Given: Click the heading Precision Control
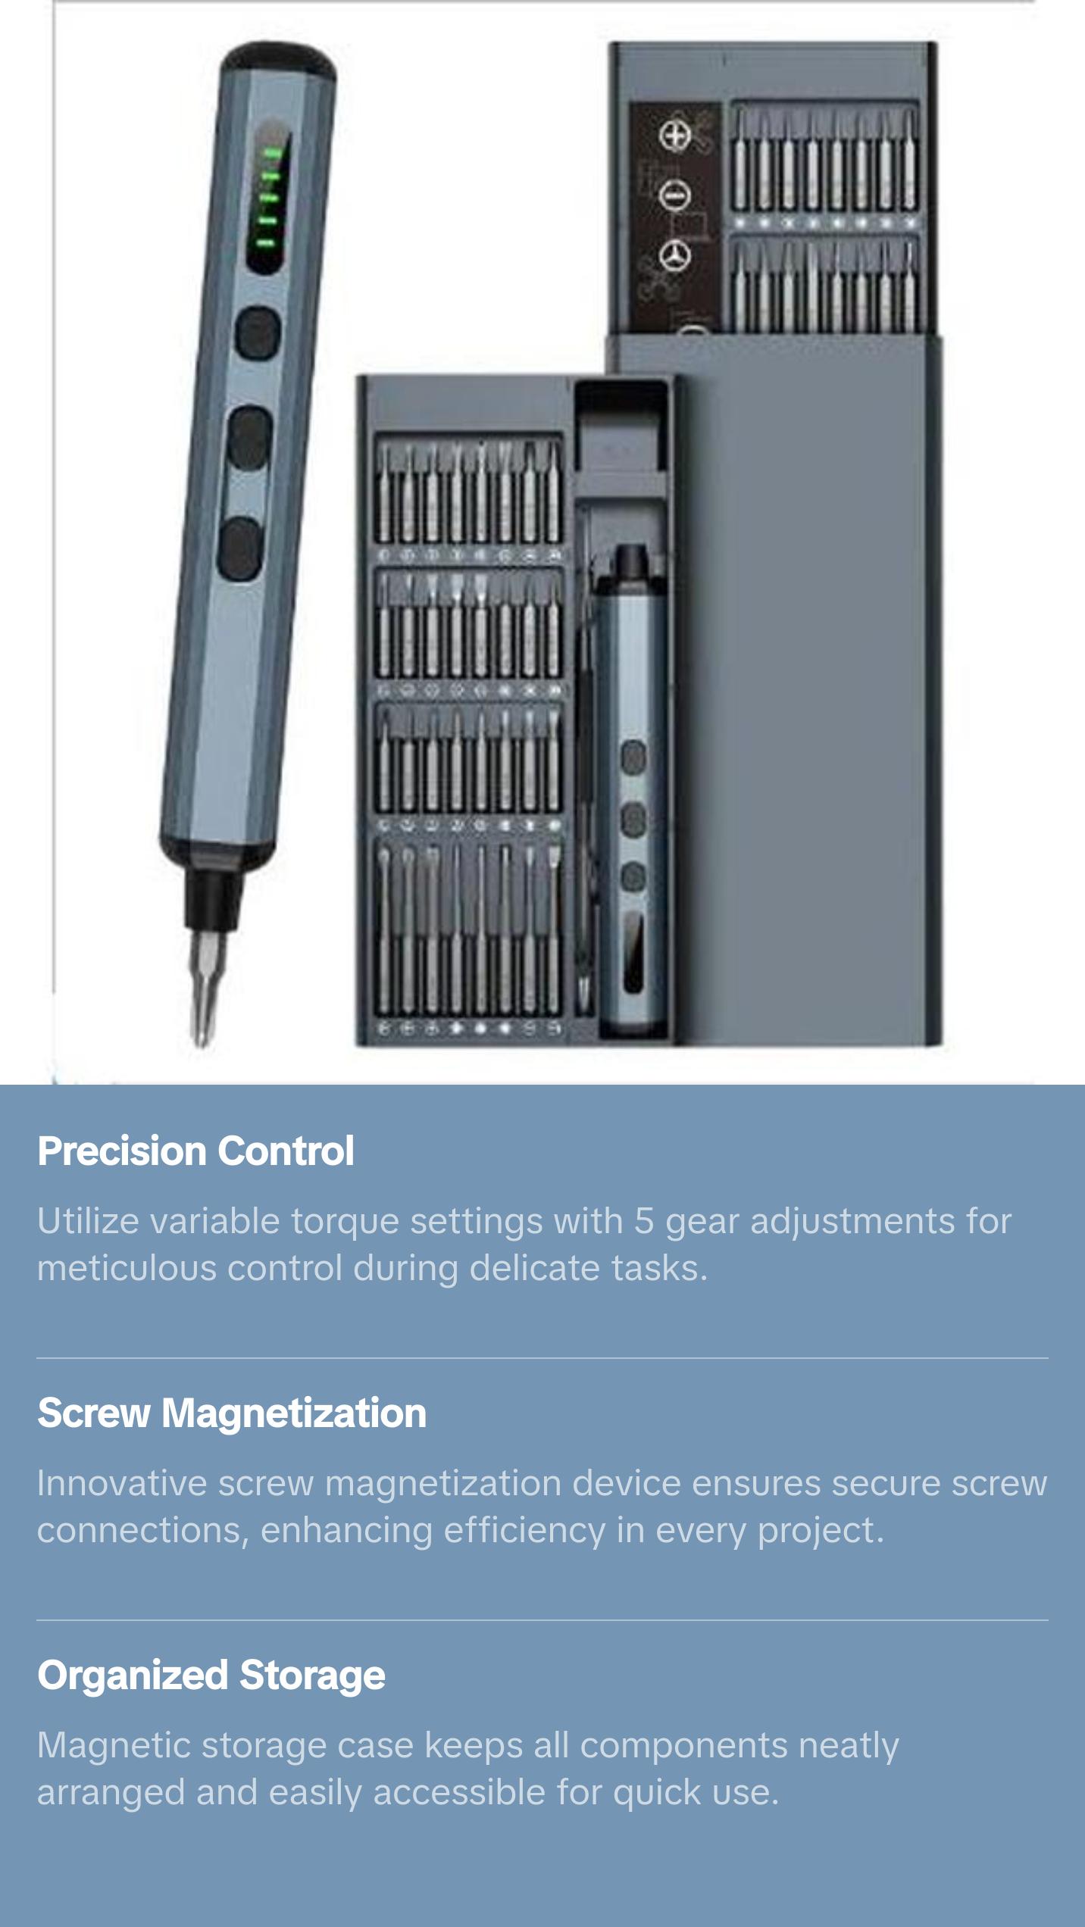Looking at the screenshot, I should point(195,1151).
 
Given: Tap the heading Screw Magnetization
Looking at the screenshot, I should point(232,1413).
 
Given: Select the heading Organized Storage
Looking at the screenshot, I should point(211,1676).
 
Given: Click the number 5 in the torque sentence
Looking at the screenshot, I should point(644,1221).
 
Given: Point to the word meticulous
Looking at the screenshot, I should point(127,1268).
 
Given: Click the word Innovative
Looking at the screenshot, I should point(121,1483).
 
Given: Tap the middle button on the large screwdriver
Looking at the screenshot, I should point(250,438).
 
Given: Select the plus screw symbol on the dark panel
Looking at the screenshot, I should point(674,136).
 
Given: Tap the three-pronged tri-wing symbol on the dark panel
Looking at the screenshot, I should point(674,255).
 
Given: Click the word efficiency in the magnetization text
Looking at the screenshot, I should point(524,1530).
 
